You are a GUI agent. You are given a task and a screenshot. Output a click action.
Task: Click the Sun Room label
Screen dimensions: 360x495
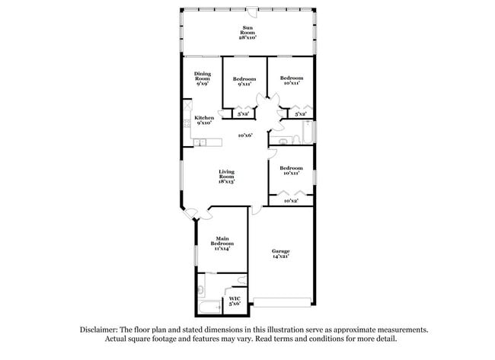[x=247, y=30]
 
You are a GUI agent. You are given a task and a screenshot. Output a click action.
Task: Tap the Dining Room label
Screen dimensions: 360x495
[x=203, y=76]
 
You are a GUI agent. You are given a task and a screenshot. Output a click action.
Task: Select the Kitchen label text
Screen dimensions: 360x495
[x=204, y=117]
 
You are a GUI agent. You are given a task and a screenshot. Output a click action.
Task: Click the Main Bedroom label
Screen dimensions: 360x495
[x=222, y=240]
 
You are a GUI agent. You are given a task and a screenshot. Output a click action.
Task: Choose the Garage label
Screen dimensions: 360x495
[x=281, y=251]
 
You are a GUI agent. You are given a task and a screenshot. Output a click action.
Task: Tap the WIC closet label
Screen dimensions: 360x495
[x=235, y=298]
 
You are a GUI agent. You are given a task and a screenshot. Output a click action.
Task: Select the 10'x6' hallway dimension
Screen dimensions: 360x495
[x=244, y=135]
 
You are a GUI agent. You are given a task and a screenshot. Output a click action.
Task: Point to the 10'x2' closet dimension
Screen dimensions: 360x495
[x=290, y=201]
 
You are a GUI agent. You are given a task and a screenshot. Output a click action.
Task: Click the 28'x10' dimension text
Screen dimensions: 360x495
[x=247, y=37]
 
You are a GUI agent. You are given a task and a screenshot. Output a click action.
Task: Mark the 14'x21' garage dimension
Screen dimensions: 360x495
[x=281, y=257]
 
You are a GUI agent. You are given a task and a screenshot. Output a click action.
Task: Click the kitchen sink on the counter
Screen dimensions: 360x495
[x=200, y=142]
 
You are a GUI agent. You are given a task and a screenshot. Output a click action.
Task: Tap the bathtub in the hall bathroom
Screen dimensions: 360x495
[x=308, y=132]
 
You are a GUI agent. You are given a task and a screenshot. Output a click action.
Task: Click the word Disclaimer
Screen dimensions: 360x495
[x=99, y=330]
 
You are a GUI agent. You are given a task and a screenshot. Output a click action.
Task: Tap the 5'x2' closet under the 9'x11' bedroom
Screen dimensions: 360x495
[x=244, y=114]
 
